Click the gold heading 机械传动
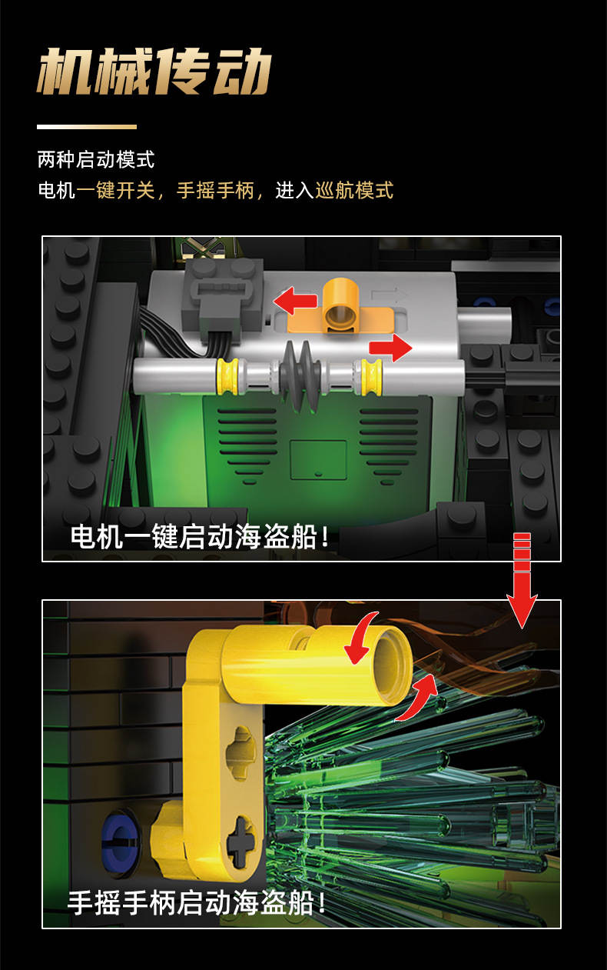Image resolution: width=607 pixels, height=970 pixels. click(x=154, y=71)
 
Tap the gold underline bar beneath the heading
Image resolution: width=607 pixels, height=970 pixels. click(x=87, y=127)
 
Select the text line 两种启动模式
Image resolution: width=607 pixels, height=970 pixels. click(x=95, y=159)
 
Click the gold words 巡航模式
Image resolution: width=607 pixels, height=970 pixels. click(x=354, y=190)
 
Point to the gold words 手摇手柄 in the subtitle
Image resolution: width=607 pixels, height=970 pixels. click(x=215, y=190)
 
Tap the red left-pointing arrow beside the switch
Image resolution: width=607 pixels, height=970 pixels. click(x=296, y=301)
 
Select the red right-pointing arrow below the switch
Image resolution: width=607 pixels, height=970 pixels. click(x=390, y=347)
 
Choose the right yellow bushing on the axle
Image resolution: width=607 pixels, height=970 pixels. click(x=371, y=377)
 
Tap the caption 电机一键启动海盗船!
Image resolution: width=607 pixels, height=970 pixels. click(x=200, y=537)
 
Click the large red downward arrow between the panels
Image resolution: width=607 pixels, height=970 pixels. click(x=522, y=580)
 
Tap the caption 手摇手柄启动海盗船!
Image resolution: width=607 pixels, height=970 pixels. click(x=197, y=903)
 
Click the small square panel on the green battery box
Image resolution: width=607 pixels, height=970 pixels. click(x=318, y=460)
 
